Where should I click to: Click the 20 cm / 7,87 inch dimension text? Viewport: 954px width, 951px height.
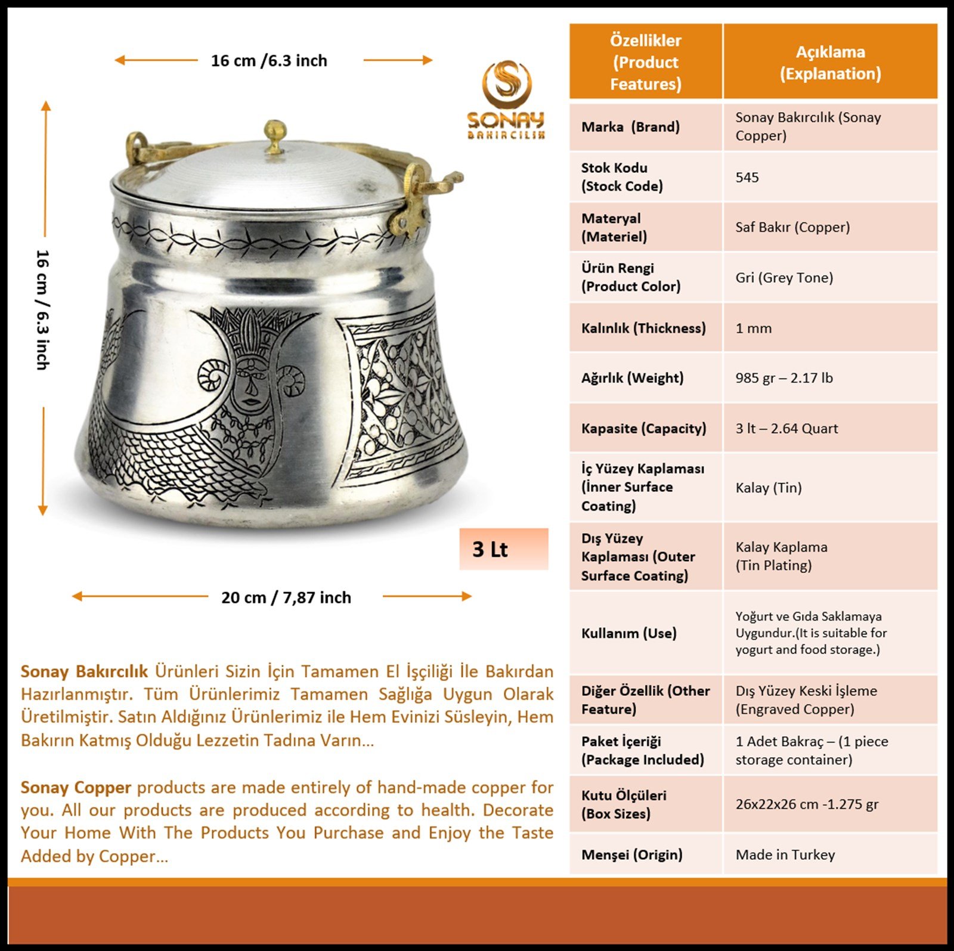click(x=286, y=597)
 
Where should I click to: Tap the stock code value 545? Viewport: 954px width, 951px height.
click(x=747, y=177)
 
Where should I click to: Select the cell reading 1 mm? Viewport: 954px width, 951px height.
click(x=754, y=328)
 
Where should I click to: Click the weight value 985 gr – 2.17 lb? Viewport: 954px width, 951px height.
click(x=784, y=378)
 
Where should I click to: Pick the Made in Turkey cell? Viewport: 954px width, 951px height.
click(x=785, y=854)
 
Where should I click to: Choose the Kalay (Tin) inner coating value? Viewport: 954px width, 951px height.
click(x=769, y=488)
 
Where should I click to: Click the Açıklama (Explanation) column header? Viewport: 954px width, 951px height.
click(x=830, y=62)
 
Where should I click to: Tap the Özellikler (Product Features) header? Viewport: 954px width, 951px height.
click(x=646, y=62)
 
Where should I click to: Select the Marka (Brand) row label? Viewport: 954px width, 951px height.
click(x=630, y=127)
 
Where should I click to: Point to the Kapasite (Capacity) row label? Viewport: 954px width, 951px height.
click(x=643, y=428)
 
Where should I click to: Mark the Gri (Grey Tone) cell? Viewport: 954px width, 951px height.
click(x=784, y=277)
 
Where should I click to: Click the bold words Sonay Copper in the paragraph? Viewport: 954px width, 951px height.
click(x=76, y=788)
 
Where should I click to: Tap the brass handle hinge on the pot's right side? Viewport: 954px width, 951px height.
click(x=413, y=206)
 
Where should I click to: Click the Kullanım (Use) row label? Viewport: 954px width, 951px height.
click(x=628, y=633)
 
